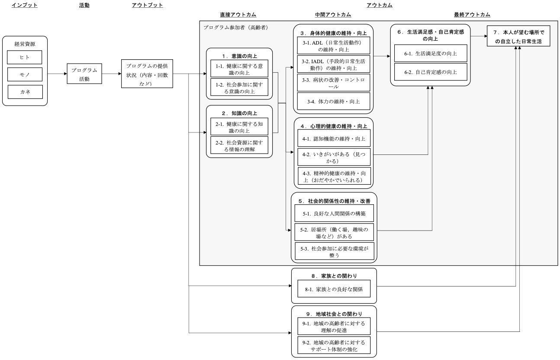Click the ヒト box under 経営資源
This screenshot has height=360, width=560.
25,57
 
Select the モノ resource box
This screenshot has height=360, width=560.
25,74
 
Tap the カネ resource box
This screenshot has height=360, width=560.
25,92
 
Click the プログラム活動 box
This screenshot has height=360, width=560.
84,74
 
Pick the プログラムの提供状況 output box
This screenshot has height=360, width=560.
147,74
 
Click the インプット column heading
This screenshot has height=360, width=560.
25,5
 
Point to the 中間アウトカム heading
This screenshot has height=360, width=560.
333,15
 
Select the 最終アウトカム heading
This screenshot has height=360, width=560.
472,15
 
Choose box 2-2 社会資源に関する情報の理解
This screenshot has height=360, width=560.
239,145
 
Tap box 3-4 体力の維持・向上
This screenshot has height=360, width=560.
334,101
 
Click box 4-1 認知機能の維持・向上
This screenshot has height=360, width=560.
334,138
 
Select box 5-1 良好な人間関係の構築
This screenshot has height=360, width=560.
334,213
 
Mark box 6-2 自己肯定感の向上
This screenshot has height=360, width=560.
431,72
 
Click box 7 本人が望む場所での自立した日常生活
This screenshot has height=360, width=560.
518,36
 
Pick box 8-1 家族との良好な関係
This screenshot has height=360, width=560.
334,289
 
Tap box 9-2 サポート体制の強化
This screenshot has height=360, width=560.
334,345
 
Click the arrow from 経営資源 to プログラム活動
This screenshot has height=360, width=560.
57,74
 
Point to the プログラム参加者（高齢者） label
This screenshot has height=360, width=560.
235,28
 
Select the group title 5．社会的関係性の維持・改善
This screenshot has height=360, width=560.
334,201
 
